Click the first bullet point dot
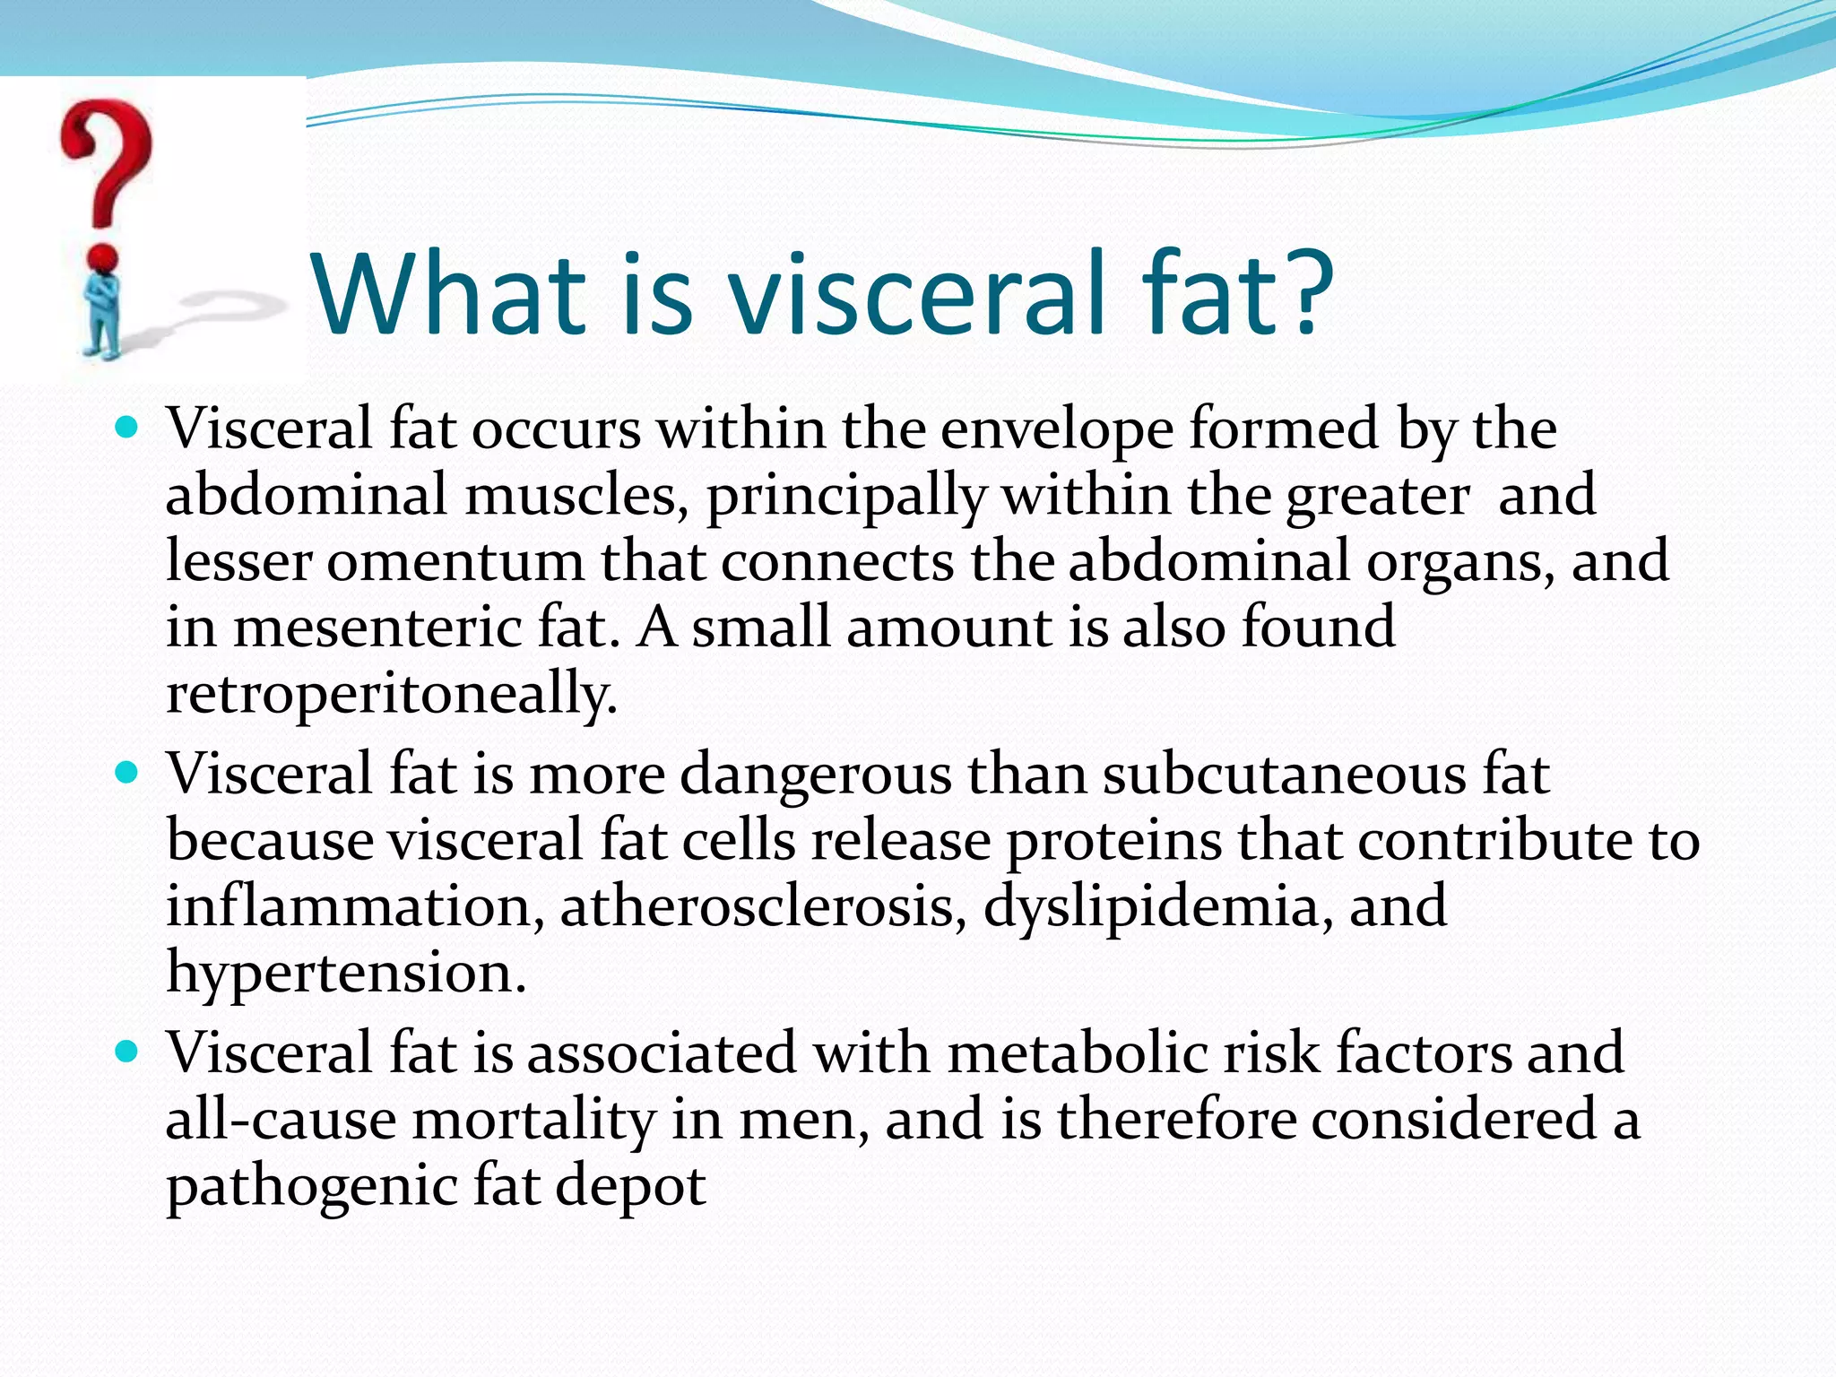128,427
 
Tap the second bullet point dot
128,772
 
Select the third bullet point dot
128,1051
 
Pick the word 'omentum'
455,561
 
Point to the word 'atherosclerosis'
764,906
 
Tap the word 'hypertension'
346,973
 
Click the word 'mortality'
534,1120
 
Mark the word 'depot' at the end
630,1186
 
